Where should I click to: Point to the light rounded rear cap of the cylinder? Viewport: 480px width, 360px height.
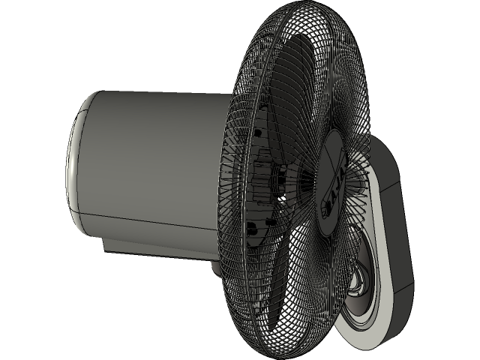pos(76,161)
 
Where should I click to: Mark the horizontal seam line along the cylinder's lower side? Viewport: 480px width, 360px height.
pos(150,218)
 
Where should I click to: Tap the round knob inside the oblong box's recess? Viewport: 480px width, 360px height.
pos(358,285)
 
